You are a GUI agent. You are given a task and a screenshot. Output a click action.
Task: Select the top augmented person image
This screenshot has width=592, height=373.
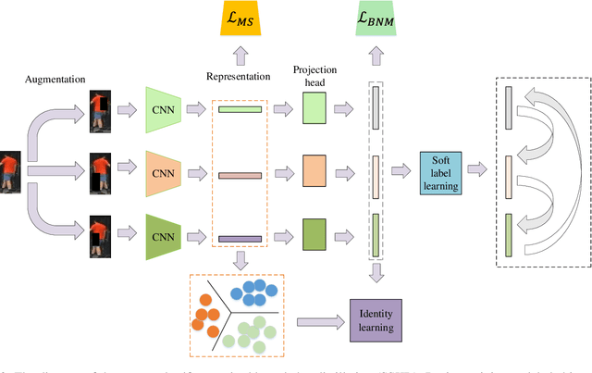[x=100, y=111]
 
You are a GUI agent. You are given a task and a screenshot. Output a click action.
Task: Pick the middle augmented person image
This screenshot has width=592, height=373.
[x=100, y=173]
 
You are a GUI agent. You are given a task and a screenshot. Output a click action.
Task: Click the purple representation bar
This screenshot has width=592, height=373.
[x=240, y=239]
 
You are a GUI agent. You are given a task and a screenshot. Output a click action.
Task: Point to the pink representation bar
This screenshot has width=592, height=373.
[x=240, y=174]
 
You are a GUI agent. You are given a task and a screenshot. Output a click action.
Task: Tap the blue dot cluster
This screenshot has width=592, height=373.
[x=253, y=295]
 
